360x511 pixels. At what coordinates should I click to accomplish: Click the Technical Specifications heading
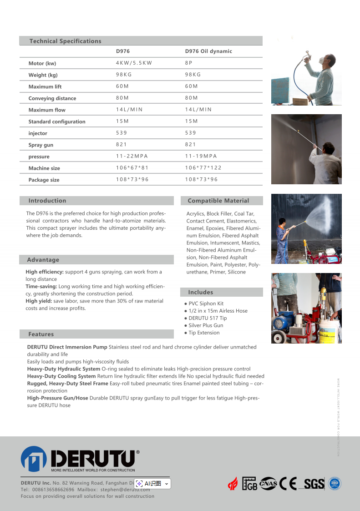tap(65, 41)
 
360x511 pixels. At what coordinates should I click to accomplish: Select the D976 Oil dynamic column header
tap(208, 51)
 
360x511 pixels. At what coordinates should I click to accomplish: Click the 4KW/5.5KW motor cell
tap(134, 63)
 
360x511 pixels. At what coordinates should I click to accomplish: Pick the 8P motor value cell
tap(188, 63)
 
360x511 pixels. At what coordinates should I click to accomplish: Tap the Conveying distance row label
tap(52, 98)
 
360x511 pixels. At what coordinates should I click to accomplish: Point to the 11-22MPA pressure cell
tap(132, 156)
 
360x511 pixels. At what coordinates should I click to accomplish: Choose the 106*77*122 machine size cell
tap(203, 168)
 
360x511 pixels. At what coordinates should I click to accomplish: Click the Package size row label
tap(44, 180)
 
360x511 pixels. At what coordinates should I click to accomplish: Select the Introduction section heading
tap(47, 201)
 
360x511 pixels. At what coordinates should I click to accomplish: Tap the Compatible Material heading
tap(218, 201)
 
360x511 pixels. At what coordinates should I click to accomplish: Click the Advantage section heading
tap(43, 260)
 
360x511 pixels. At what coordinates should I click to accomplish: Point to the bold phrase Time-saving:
tap(41, 286)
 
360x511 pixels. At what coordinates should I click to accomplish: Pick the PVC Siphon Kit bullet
tap(206, 304)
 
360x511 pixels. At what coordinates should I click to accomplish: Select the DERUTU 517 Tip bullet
tap(208, 318)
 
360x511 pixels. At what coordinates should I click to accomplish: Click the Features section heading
tap(41, 334)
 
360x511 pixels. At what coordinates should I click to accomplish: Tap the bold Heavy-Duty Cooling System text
tap(61, 376)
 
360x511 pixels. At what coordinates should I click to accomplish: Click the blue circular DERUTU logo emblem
tap(34, 459)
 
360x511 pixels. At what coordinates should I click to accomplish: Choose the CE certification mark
tap(289, 483)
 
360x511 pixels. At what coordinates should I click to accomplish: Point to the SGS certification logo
tap(314, 484)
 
